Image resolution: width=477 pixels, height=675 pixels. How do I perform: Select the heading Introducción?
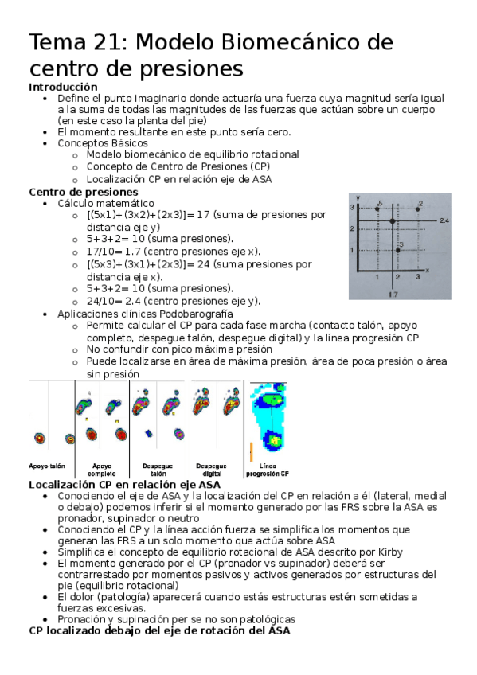pos(63,86)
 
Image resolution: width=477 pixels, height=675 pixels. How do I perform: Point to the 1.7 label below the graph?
pos(393,294)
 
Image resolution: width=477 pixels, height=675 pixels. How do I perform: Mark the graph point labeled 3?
pos(397,251)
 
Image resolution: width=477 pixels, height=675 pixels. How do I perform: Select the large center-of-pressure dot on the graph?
pos(393,220)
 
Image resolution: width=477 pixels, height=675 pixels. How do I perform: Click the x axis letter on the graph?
pos(427,271)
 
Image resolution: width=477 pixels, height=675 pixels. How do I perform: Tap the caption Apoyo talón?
pos(47,466)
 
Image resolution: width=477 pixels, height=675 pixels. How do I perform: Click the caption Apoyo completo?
pos(102,470)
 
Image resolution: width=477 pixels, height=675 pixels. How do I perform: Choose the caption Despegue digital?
pos(211,470)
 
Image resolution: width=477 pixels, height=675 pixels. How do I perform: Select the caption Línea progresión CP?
pos(268,470)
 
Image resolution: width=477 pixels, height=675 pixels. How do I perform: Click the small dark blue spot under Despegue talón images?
pos(148,434)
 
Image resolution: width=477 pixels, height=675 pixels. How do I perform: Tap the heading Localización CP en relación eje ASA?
pos(124,484)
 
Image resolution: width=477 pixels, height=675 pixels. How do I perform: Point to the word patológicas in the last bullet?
pos(267,619)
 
